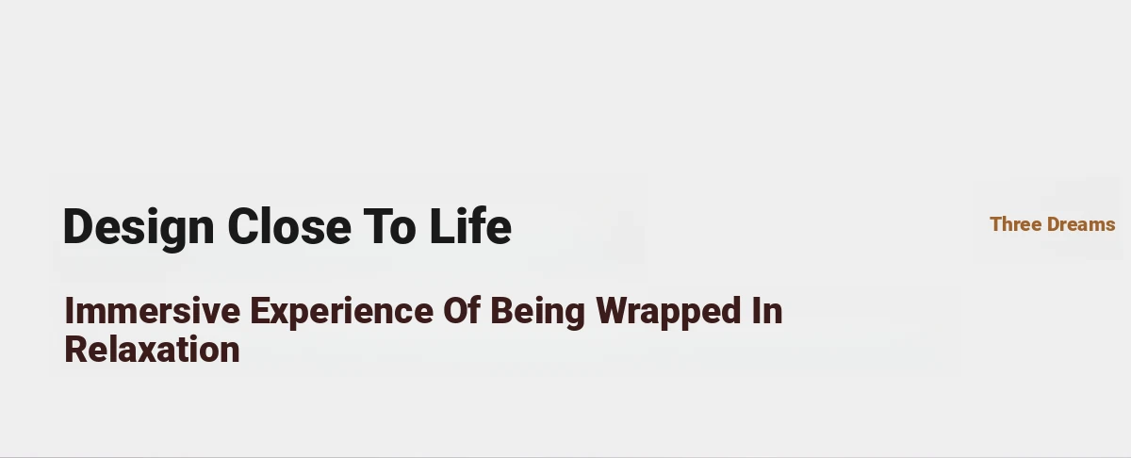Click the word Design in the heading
(139, 228)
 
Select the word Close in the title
(289, 227)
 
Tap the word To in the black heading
(390, 227)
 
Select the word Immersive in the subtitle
(153, 311)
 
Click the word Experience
(342, 313)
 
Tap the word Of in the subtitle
(462, 310)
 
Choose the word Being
(538, 313)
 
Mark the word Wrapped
(668, 313)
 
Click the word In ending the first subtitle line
(767, 311)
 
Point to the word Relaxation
(152, 350)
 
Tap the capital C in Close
(244, 227)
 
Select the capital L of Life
(442, 227)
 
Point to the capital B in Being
(502, 311)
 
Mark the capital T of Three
(997, 224)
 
